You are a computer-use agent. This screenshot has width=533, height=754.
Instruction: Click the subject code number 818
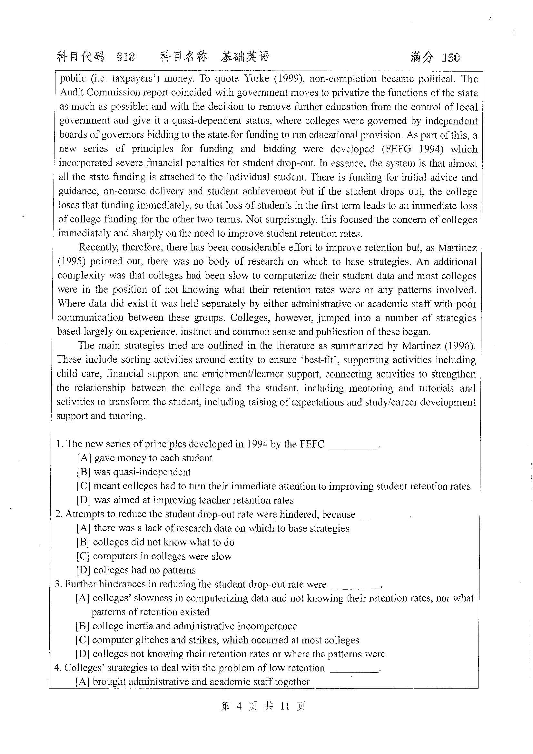125,57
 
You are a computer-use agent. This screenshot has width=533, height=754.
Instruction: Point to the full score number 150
450,58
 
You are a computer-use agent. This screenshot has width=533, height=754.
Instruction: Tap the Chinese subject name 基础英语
245,57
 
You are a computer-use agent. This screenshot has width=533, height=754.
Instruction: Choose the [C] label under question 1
84,486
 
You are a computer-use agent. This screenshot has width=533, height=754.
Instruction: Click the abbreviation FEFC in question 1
312,444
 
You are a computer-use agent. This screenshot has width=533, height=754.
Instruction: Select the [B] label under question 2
83,542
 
